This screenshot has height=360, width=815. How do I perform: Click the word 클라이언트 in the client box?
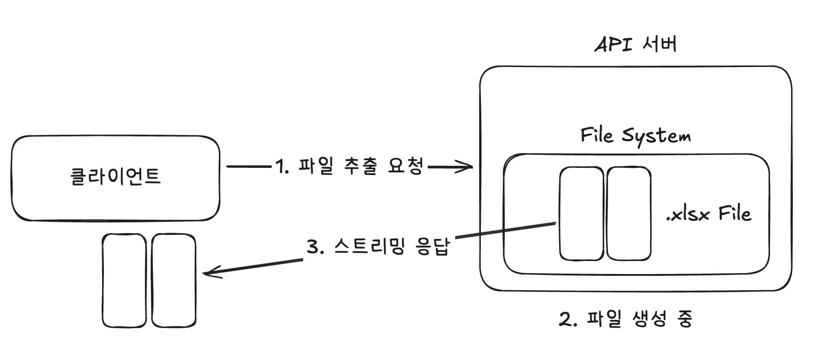click(x=116, y=176)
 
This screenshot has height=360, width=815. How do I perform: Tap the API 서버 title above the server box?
click(x=636, y=45)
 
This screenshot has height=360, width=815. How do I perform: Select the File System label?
click(x=635, y=135)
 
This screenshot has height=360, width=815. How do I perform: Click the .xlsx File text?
click(x=708, y=213)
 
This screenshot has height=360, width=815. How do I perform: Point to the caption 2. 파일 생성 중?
click(x=626, y=319)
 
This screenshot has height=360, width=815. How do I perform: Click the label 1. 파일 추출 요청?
click(x=349, y=167)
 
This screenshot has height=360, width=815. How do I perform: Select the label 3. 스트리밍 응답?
click(x=378, y=247)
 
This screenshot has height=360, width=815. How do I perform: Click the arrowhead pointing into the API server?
click(x=468, y=167)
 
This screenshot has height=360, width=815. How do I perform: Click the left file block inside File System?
click(x=581, y=214)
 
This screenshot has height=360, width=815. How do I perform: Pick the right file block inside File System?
click(x=628, y=214)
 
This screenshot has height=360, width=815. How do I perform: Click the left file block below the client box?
click(x=124, y=280)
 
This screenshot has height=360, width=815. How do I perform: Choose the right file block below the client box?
click(x=174, y=280)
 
